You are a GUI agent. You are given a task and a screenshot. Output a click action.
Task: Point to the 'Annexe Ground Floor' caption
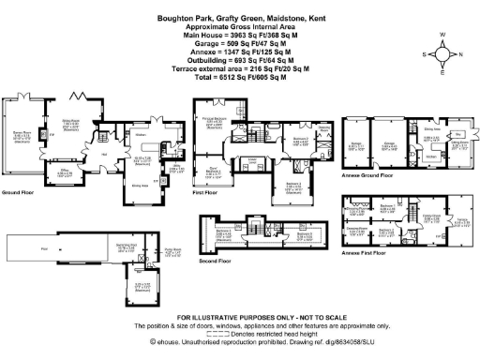point(369,175)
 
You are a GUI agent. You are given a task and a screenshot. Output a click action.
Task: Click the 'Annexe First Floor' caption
point(367,253)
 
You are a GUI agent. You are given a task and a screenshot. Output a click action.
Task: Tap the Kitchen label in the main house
point(138,134)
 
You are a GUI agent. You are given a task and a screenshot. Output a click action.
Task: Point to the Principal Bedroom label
point(214,118)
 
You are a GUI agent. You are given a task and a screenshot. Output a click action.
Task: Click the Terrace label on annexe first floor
point(461,221)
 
